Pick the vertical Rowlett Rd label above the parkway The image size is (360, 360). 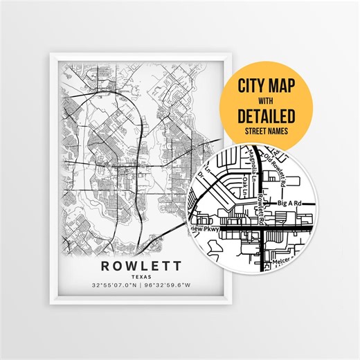click(x=261, y=208)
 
